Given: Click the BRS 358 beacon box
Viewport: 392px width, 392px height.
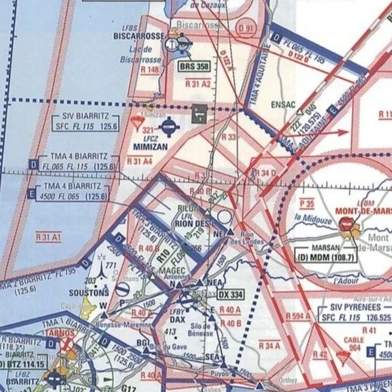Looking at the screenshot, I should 194,67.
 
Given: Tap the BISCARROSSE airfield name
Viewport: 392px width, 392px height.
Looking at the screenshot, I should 139,35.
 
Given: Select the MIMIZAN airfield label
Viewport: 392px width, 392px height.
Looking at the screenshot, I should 150,147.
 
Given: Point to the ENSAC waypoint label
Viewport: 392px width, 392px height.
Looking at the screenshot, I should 283,104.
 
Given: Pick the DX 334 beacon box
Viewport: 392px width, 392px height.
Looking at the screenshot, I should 231,295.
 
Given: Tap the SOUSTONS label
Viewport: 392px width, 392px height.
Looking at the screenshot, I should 90,292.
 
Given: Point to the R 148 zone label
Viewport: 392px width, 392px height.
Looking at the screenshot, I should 150,70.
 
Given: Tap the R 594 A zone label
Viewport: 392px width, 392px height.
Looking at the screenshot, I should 299,315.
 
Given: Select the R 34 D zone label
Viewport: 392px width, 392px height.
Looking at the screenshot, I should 265,173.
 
